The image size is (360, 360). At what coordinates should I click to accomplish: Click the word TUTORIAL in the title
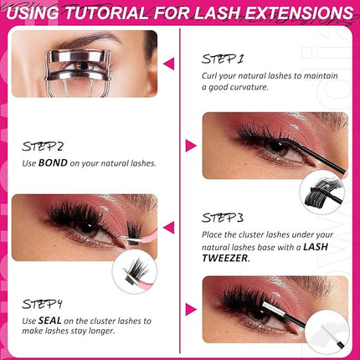[x=111, y=14]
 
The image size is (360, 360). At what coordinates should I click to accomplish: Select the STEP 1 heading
[x=223, y=59]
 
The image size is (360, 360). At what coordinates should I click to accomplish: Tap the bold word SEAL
[x=52, y=321]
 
